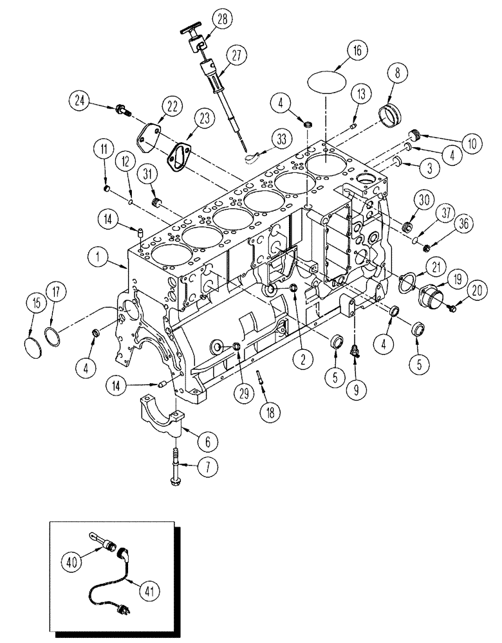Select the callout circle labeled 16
tap(357, 50)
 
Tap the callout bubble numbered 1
tap(98, 259)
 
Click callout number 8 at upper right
tap(394, 73)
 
